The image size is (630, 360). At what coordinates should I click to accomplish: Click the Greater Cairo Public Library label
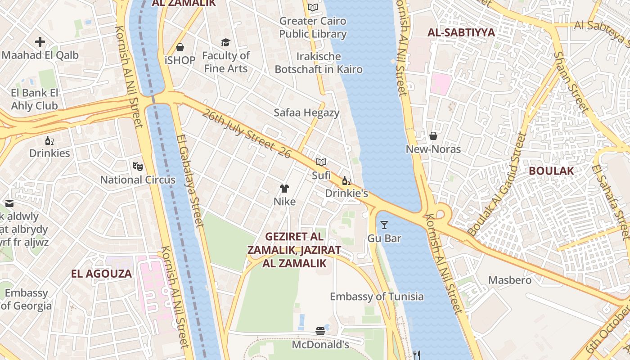click(313, 27)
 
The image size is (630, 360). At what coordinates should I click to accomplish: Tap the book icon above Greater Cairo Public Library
click(313, 7)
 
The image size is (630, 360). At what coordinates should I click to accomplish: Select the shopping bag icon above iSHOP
click(180, 47)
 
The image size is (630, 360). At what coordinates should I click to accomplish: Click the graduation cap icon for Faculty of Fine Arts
click(225, 43)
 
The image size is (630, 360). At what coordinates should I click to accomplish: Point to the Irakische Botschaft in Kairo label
click(319, 63)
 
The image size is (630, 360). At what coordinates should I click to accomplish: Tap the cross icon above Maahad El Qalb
click(40, 42)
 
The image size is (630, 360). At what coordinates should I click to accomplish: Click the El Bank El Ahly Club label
click(35, 99)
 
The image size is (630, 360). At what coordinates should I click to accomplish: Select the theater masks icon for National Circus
click(138, 166)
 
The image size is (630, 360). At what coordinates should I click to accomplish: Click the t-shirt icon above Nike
click(284, 188)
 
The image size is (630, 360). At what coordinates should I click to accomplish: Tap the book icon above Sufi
click(321, 162)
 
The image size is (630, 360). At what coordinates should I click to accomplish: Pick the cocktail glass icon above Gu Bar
click(384, 225)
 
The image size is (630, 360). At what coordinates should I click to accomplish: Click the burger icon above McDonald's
click(320, 332)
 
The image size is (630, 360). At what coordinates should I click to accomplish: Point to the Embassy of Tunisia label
click(377, 297)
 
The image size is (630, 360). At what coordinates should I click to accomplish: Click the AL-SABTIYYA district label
click(461, 32)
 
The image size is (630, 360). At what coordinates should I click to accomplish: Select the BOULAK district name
click(551, 171)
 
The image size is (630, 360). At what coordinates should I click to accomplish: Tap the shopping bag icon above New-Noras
click(433, 136)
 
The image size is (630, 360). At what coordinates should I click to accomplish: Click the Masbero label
click(510, 280)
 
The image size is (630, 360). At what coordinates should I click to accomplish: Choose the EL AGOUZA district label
click(101, 274)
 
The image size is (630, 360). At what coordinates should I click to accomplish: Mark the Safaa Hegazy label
click(306, 112)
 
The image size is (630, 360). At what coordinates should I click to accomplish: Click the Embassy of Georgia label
click(27, 300)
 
